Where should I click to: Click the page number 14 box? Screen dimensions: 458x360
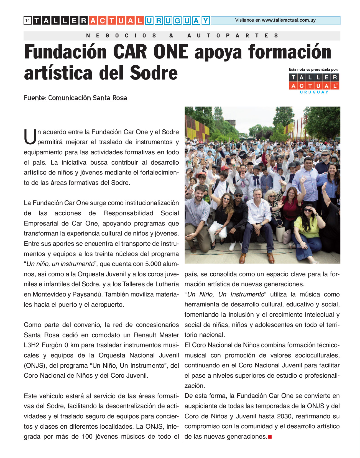point(27,21)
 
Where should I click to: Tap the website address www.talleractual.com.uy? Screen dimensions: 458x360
point(288,20)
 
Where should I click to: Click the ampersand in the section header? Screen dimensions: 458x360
point(171,36)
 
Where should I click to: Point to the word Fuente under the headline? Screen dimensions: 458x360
point(34,98)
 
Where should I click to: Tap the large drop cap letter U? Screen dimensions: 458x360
point(30,137)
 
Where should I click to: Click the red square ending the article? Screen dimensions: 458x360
point(270,437)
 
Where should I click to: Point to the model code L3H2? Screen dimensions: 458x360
point(32,345)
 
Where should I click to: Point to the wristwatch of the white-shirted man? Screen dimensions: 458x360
point(261,224)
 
